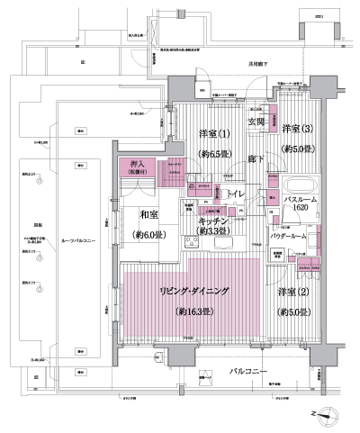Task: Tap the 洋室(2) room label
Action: click(x=293, y=293)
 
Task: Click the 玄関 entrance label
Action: click(x=255, y=122)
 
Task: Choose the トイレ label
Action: click(x=238, y=194)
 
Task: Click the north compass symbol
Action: click(x=332, y=414)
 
